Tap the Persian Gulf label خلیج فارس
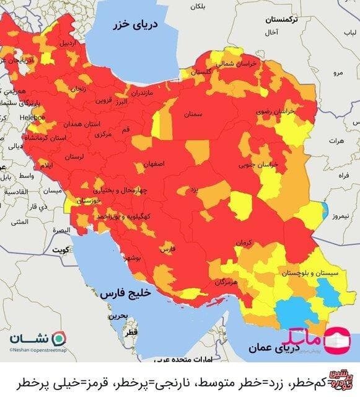[x=122, y=291]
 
